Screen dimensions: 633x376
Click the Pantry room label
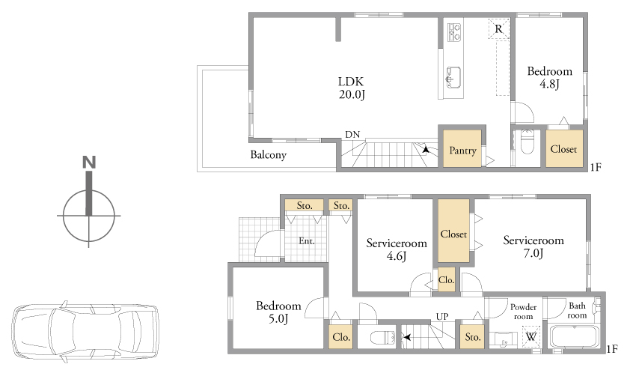click(462, 151)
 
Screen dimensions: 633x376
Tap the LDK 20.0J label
click(352, 88)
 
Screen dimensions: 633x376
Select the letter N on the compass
click(89, 162)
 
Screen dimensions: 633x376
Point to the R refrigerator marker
click(499, 28)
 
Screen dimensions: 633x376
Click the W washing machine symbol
click(530, 336)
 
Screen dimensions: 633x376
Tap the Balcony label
click(269, 155)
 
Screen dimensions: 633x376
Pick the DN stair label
click(352, 135)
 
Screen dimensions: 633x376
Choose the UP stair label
click(442, 317)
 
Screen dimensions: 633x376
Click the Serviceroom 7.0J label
click(533, 246)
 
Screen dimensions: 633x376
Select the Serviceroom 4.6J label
click(397, 249)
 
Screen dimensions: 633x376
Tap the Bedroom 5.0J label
click(278, 312)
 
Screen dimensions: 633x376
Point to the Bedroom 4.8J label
click(550, 78)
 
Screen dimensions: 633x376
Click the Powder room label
click(523, 312)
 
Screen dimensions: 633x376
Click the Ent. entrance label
click(307, 241)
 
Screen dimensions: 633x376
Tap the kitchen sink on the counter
click(453, 77)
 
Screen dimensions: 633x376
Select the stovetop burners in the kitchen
click(455, 32)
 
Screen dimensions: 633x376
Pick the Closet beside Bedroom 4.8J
click(564, 148)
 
